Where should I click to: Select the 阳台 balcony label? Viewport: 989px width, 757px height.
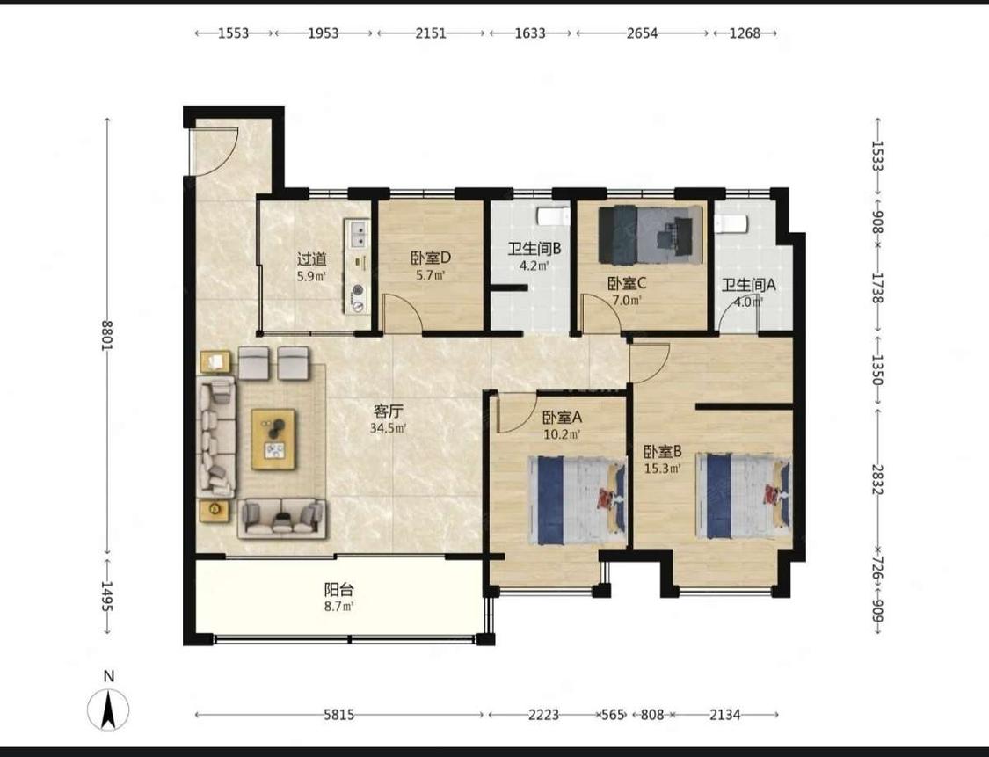[339, 590]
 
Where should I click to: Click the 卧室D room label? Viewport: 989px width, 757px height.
[431, 258]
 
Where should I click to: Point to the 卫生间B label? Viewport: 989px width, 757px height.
[534, 249]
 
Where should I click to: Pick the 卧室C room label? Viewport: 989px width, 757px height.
[627, 284]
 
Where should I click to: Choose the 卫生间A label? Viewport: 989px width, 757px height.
[749, 285]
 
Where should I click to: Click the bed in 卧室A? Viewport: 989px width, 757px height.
[577, 500]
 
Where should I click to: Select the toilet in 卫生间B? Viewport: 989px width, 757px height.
[553, 216]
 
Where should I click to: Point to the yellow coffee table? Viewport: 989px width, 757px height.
[273, 439]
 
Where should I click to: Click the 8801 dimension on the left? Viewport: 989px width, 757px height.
[107, 336]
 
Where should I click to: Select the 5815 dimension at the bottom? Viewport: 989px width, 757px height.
[339, 715]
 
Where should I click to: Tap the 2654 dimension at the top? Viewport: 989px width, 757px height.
[642, 33]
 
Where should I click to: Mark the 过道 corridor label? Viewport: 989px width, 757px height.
[312, 258]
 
